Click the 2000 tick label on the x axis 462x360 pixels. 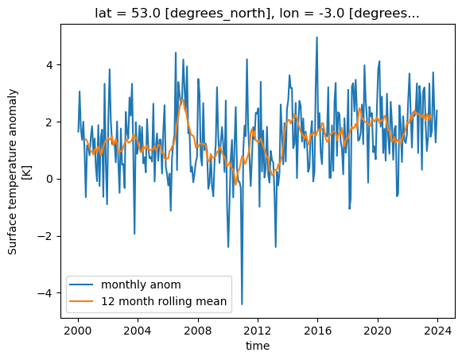(x=78, y=329)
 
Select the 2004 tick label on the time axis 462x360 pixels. (x=138, y=329)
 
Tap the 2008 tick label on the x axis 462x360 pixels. (x=197, y=329)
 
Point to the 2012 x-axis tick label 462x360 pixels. (x=258, y=329)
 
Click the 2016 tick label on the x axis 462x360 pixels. (x=317, y=329)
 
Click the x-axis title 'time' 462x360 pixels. (x=258, y=346)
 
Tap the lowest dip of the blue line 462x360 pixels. (x=242, y=304)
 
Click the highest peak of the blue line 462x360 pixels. (x=316, y=37)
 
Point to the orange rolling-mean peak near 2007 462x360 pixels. (x=182, y=99)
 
